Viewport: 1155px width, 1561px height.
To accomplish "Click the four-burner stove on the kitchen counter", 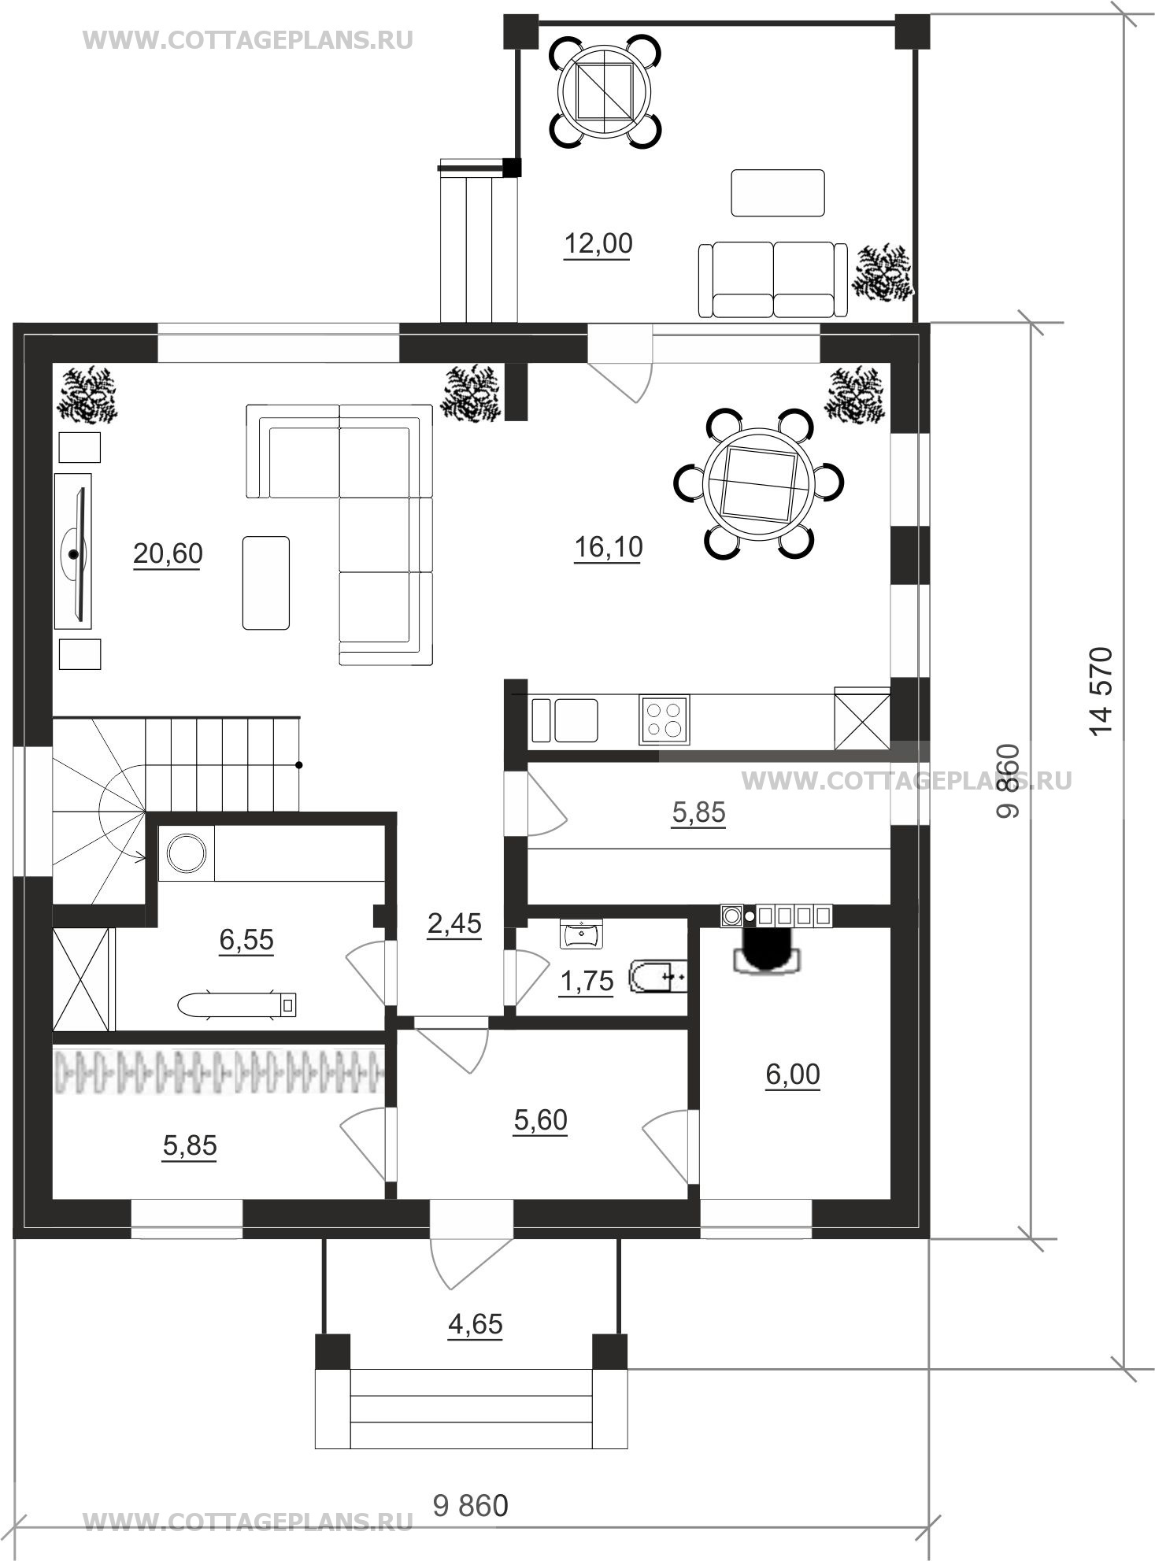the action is point(664,719).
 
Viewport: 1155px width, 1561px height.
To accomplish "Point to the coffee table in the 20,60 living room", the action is point(266,583).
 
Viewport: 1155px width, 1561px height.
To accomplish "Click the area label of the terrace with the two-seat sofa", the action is point(598,244).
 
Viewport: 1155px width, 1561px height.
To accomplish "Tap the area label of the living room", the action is point(168,554).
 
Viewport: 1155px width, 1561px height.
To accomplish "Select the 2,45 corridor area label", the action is point(454,923).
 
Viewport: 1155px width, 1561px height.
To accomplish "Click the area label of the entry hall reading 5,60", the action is point(540,1119).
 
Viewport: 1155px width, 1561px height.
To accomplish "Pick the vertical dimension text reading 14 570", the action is point(1103,690).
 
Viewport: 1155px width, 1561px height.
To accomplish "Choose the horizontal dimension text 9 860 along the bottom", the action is point(471,1505).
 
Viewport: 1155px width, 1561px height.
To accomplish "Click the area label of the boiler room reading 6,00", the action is point(793,1074).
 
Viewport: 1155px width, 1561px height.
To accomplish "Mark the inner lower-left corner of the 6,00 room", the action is point(700,1199).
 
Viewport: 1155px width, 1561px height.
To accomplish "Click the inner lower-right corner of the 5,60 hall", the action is point(688,1199).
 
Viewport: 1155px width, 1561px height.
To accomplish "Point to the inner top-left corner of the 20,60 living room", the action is point(53,363).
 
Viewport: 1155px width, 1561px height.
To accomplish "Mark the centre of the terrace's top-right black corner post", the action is point(911,31).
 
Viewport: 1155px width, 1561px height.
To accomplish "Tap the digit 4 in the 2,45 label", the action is point(454,923).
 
